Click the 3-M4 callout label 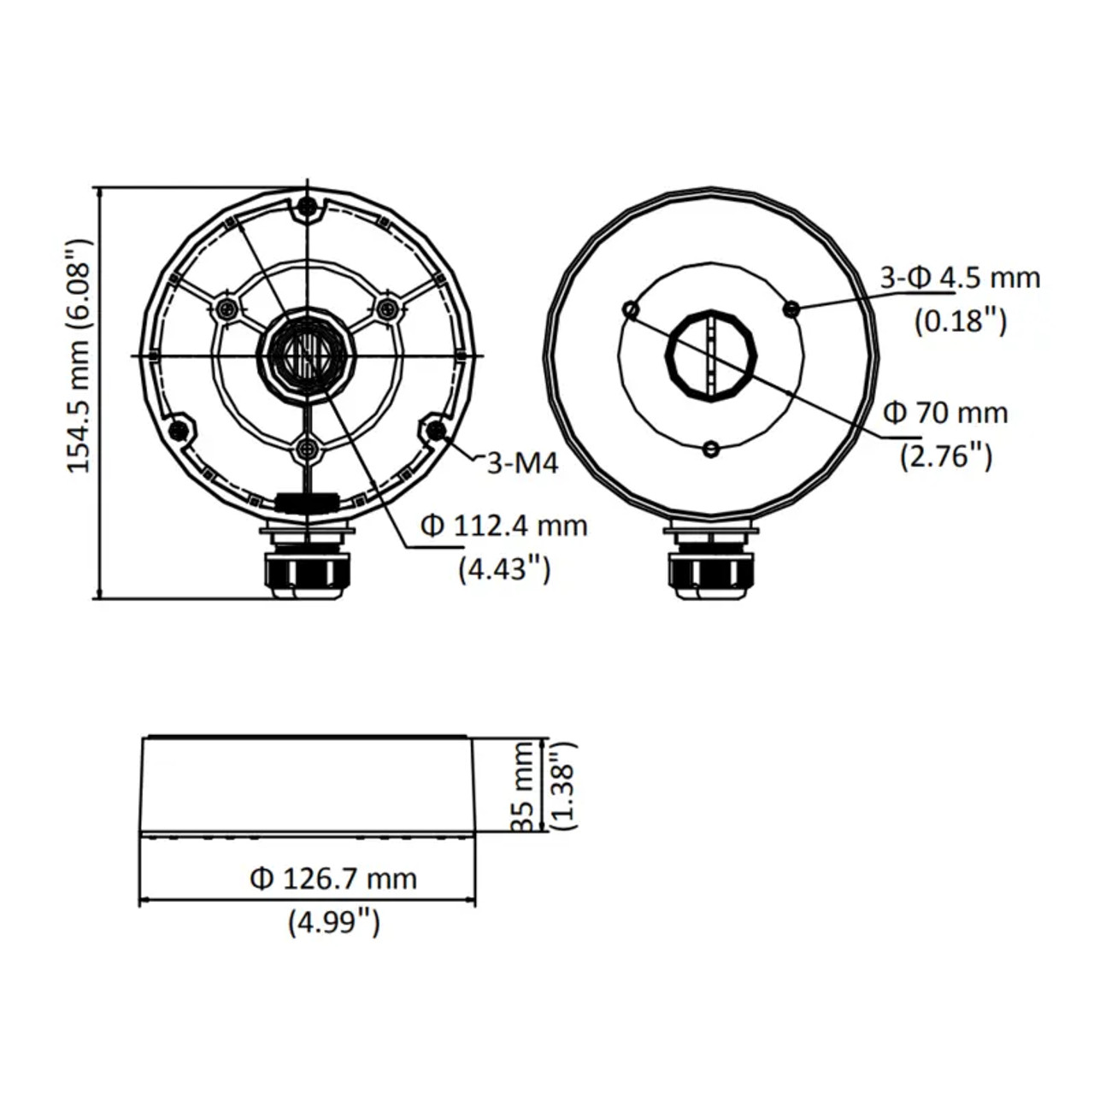pyautogui.click(x=522, y=464)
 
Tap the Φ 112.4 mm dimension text pyautogui.click(x=504, y=526)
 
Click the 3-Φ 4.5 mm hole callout pyautogui.click(x=960, y=278)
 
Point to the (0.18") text pyautogui.click(x=961, y=321)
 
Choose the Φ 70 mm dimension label pyautogui.click(x=945, y=413)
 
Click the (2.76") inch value pyautogui.click(x=946, y=456)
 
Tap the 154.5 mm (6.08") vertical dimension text pyautogui.click(x=79, y=356)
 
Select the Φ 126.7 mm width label pyautogui.click(x=334, y=879)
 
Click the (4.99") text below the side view pyautogui.click(x=334, y=922)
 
